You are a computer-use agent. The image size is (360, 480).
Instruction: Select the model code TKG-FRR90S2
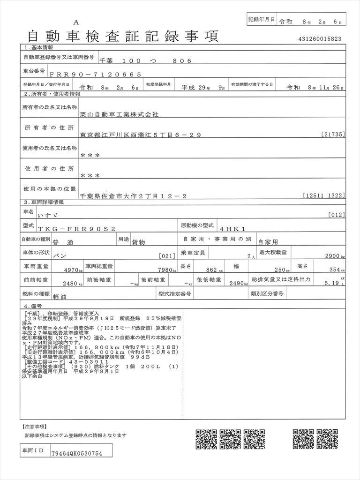coord(79,228)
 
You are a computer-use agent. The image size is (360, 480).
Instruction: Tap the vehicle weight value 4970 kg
coord(73,270)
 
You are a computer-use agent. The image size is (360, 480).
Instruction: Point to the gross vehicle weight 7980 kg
coord(166,270)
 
